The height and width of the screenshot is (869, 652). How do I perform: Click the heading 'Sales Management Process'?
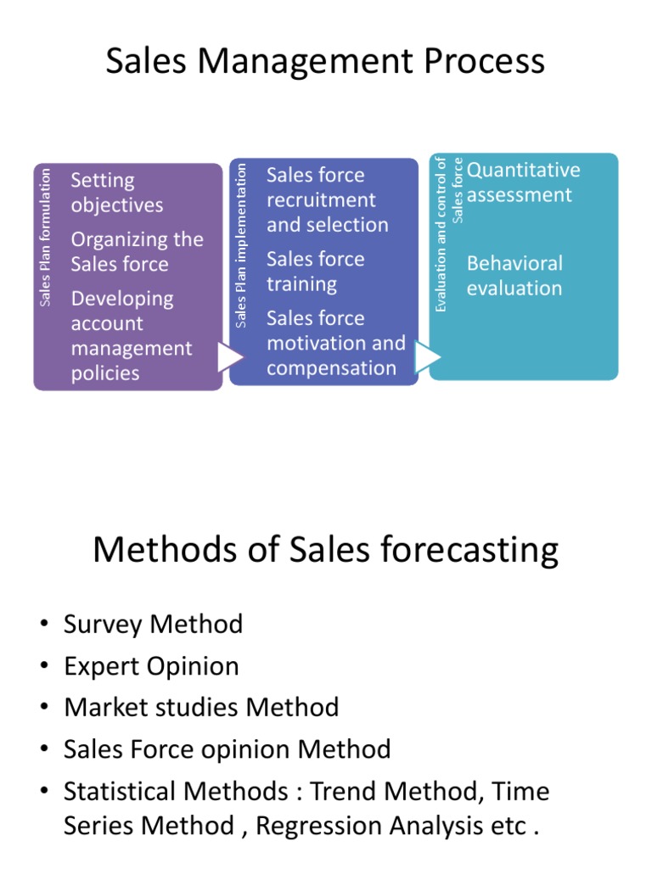pyautogui.click(x=325, y=62)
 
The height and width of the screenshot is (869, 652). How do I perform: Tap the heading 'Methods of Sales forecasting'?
pyautogui.click(x=325, y=550)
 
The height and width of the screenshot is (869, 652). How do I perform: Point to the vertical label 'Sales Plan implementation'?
pyautogui.click(x=242, y=245)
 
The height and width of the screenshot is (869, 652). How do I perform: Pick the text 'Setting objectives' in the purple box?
pyautogui.click(x=117, y=193)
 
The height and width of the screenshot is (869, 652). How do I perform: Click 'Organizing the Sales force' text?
pyautogui.click(x=137, y=251)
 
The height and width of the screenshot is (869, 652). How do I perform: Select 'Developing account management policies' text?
pyautogui.click(x=132, y=335)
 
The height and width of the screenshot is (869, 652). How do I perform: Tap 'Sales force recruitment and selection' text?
pyautogui.click(x=327, y=199)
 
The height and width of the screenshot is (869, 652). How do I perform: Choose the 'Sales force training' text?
pyautogui.click(x=315, y=271)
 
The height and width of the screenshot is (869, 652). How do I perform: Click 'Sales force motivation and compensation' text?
pyautogui.click(x=335, y=343)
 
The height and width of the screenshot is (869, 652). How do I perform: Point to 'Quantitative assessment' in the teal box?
pyautogui.click(x=523, y=182)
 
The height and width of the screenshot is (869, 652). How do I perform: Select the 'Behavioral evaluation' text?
pyautogui.click(x=514, y=275)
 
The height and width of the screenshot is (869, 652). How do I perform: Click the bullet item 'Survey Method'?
pyautogui.click(x=153, y=625)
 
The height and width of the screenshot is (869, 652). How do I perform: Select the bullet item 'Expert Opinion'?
pyautogui.click(x=151, y=666)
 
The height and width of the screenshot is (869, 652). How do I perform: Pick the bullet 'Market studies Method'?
pyautogui.click(x=201, y=708)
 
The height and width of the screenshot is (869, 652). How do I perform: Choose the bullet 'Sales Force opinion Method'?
pyautogui.click(x=228, y=749)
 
